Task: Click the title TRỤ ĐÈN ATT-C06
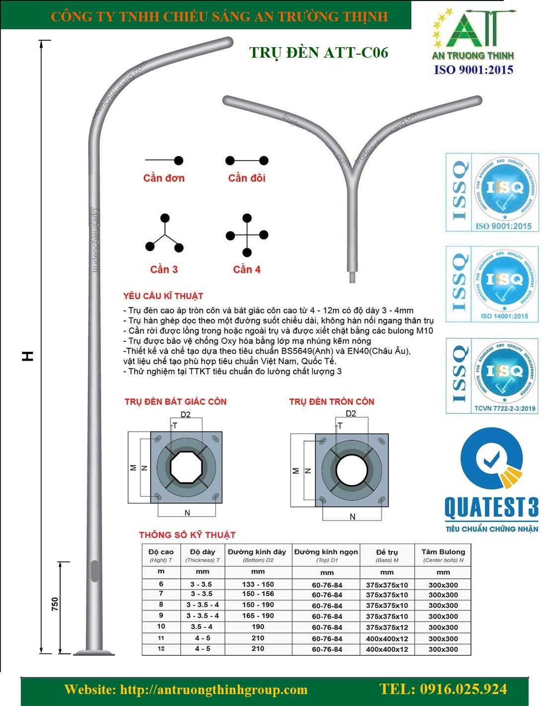tap(318, 53)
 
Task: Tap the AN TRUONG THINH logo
tap(472, 42)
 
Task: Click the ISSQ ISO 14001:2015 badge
tap(492, 284)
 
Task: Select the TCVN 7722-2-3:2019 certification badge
tap(492, 376)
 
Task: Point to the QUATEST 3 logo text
tap(491, 507)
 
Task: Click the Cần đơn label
tap(164, 178)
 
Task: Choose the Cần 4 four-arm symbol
tap(247, 235)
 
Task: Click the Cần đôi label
tap(247, 178)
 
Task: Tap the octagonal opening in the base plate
tap(186, 467)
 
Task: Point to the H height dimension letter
tap(28, 356)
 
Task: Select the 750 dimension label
tap(55, 604)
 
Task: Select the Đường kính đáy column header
tap(257, 552)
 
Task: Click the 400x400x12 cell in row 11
tap(387, 638)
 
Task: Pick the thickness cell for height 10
tap(202, 627)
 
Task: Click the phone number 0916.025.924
tap(443, 689)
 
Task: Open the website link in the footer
tap(186, 690)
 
